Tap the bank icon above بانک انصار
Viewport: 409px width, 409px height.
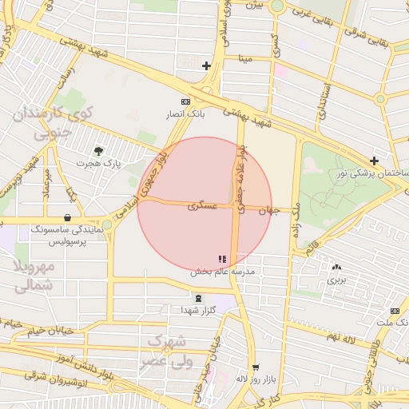pos(186,101)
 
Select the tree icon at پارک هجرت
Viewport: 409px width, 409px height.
pos(98,150)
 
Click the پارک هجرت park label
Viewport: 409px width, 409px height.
pos(97,163)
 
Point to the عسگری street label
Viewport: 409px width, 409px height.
pos(201,205)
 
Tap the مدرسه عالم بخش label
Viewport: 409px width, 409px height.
pos(222,272)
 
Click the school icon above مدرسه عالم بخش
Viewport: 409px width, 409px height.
pos(222,259)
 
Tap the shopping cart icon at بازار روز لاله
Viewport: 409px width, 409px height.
pos(256,368)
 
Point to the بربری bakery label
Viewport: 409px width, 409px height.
pos(336,280)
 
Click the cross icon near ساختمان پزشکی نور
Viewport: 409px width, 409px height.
pos(374,161)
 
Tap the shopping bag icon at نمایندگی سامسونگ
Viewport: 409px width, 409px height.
pos(66,217)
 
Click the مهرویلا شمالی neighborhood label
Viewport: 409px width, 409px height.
pos(35,274)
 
